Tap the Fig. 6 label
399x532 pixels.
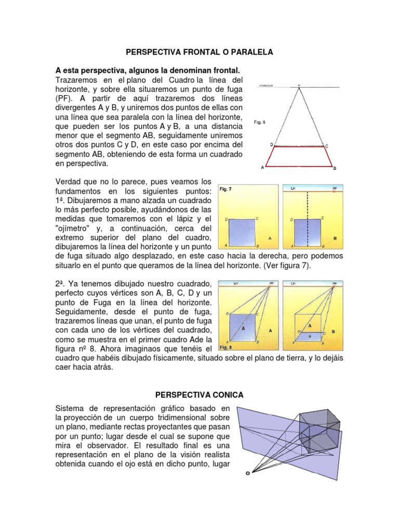tap(260, 122)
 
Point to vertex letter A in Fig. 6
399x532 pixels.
tap(262, 168)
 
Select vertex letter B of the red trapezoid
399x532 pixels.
tap(335, 168)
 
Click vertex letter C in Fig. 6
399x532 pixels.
tap(327, 146)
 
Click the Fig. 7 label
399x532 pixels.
tap(226, 189)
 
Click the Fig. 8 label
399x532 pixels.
tap(226, 347)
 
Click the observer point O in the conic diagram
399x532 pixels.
tap(248, 473)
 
